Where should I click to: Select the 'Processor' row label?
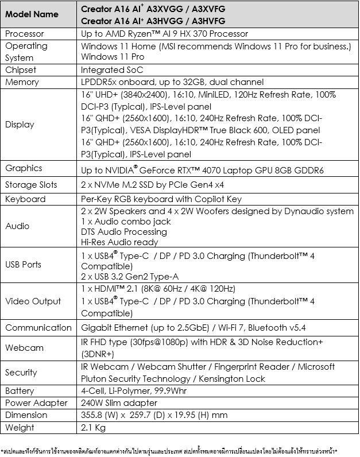point(25,34)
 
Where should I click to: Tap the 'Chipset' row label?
point(21,70)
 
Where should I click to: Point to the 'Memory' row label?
point(22,82)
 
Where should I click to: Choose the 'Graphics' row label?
point(24,168)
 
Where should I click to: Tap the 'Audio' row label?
point(17,226)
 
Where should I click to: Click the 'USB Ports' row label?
point(24,265)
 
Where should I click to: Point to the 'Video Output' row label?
point(33,301)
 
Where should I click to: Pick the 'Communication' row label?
point(38,328)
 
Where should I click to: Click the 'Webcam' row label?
point(24,347)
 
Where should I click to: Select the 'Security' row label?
point(21,373)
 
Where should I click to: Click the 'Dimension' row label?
point(27,415)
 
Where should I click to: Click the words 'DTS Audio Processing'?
point(124,232)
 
